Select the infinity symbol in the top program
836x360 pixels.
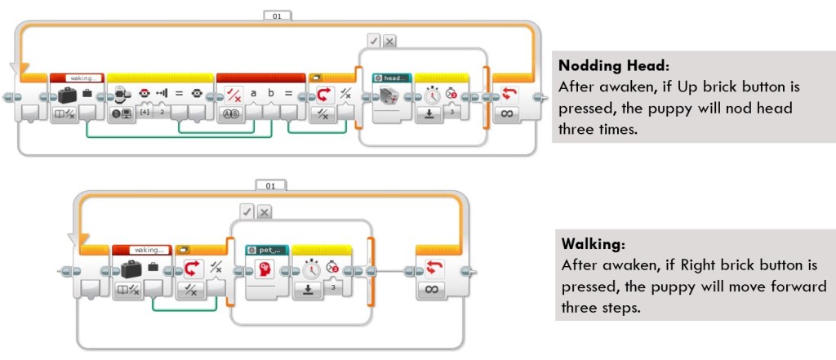click(507, 113)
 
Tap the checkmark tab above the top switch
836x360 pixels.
click(373, 40)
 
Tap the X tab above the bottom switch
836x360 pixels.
click(265, 211)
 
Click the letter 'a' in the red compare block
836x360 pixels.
click(254, 93)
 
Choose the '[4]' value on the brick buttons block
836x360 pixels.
click(145, 110)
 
